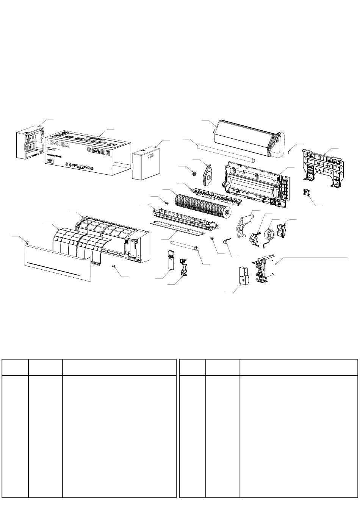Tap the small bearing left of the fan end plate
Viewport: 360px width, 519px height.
pyautogui.click(x=194, y=173)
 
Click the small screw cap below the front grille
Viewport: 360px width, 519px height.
pyautogui.click(x=114, y=267)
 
